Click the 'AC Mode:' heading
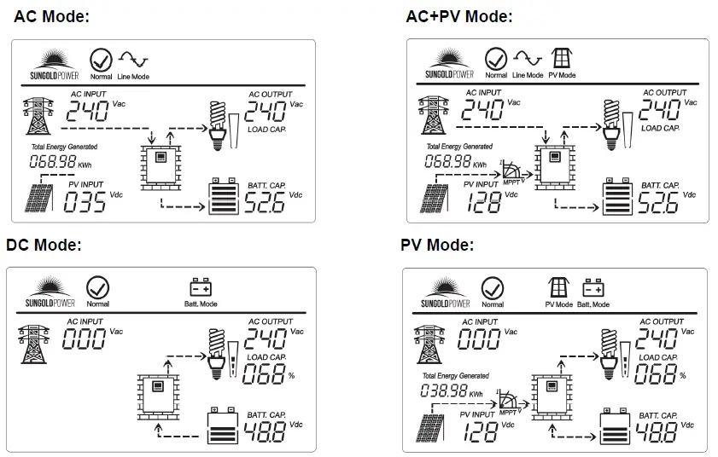click(51, 15)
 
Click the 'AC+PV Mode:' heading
click(459, 16)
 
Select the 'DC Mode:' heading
click(44, 246)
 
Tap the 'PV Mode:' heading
click(436, 246)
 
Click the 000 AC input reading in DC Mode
click(84, 338)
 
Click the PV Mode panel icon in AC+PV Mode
click(561, 58)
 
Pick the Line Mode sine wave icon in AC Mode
click(132, 59)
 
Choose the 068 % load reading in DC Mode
click(266, 373)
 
